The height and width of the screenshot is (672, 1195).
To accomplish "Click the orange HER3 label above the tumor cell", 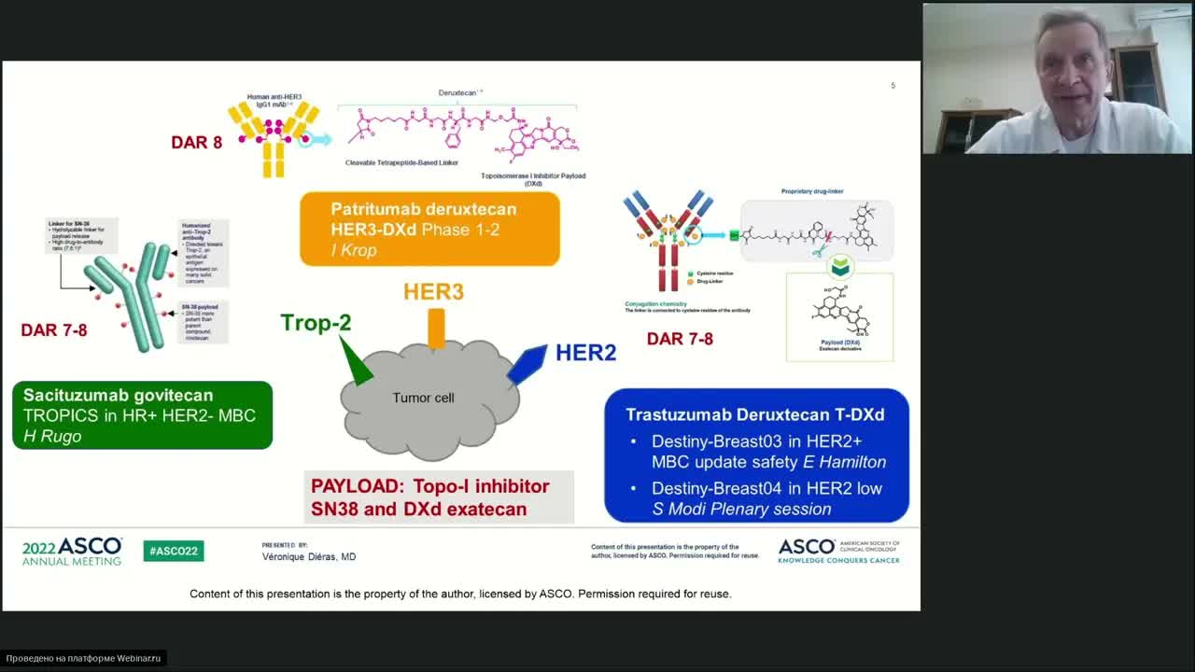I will pos(433,292).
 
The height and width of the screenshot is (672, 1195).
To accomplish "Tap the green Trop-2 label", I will pos(316,323).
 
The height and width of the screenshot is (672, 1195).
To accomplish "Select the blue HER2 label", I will pos(585,353).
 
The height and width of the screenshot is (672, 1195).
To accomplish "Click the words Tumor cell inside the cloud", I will pos(423,398).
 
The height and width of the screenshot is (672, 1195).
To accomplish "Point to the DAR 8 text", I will pos(196,143).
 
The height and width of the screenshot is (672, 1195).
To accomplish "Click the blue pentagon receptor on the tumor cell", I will pos(527,364).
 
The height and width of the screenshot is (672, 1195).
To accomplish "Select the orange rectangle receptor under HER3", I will pos(436,328).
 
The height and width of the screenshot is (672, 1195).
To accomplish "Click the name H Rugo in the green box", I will pos(52,436).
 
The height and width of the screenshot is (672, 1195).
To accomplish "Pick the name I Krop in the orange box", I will pos(354,250).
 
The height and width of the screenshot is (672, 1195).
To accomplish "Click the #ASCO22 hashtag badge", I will pos(174,551).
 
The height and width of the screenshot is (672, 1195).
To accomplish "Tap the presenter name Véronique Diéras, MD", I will pos(308,556).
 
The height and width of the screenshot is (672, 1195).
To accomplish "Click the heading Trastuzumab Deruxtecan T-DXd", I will pos(754,414).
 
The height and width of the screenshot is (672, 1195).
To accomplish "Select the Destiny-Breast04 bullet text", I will pos(766,488).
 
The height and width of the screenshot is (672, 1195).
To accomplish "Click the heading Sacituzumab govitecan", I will pos(118,396).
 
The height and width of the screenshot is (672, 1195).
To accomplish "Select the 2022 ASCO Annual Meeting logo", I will pos(72,551).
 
